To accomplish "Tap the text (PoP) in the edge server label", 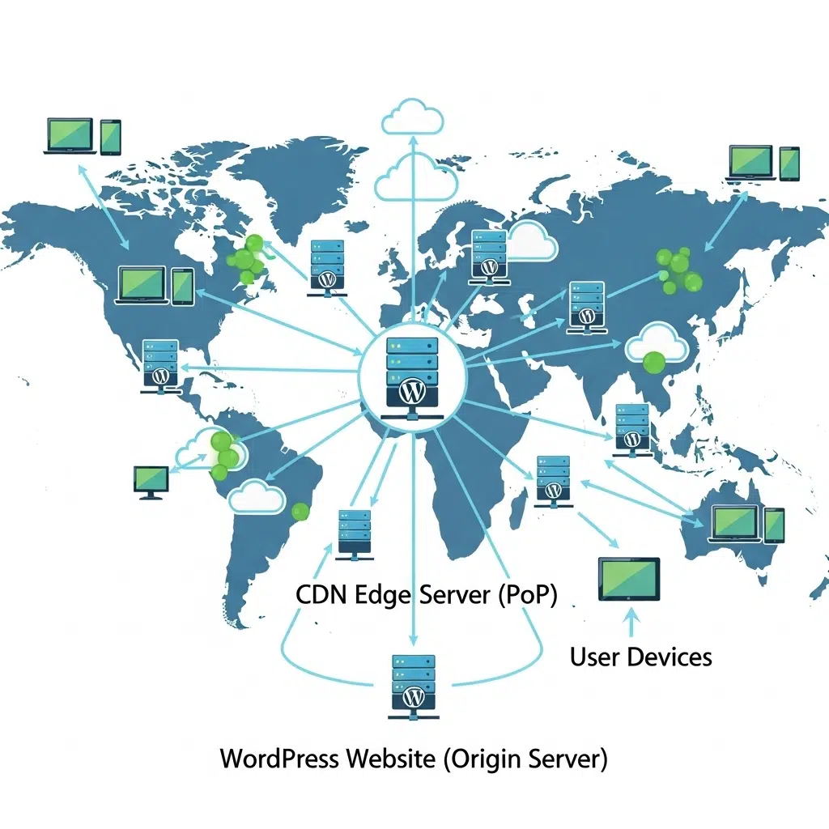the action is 527,595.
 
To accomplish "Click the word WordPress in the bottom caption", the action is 279,759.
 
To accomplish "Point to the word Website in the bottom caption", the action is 391,759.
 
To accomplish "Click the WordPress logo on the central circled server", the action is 412,392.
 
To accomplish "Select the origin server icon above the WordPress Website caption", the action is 414,687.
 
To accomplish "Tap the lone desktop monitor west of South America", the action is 151,483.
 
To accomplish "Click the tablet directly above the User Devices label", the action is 629,579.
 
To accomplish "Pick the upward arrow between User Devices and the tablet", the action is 631,623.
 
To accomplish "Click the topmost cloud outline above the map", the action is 412,117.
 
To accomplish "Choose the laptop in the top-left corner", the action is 70,136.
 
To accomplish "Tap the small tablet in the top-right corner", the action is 789,164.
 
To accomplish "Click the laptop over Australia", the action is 734,524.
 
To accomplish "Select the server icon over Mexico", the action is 161,367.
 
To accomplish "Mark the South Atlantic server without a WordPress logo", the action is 355,534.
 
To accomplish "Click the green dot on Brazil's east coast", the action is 300,512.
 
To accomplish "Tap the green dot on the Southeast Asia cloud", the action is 654,363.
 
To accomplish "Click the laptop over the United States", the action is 142,286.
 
